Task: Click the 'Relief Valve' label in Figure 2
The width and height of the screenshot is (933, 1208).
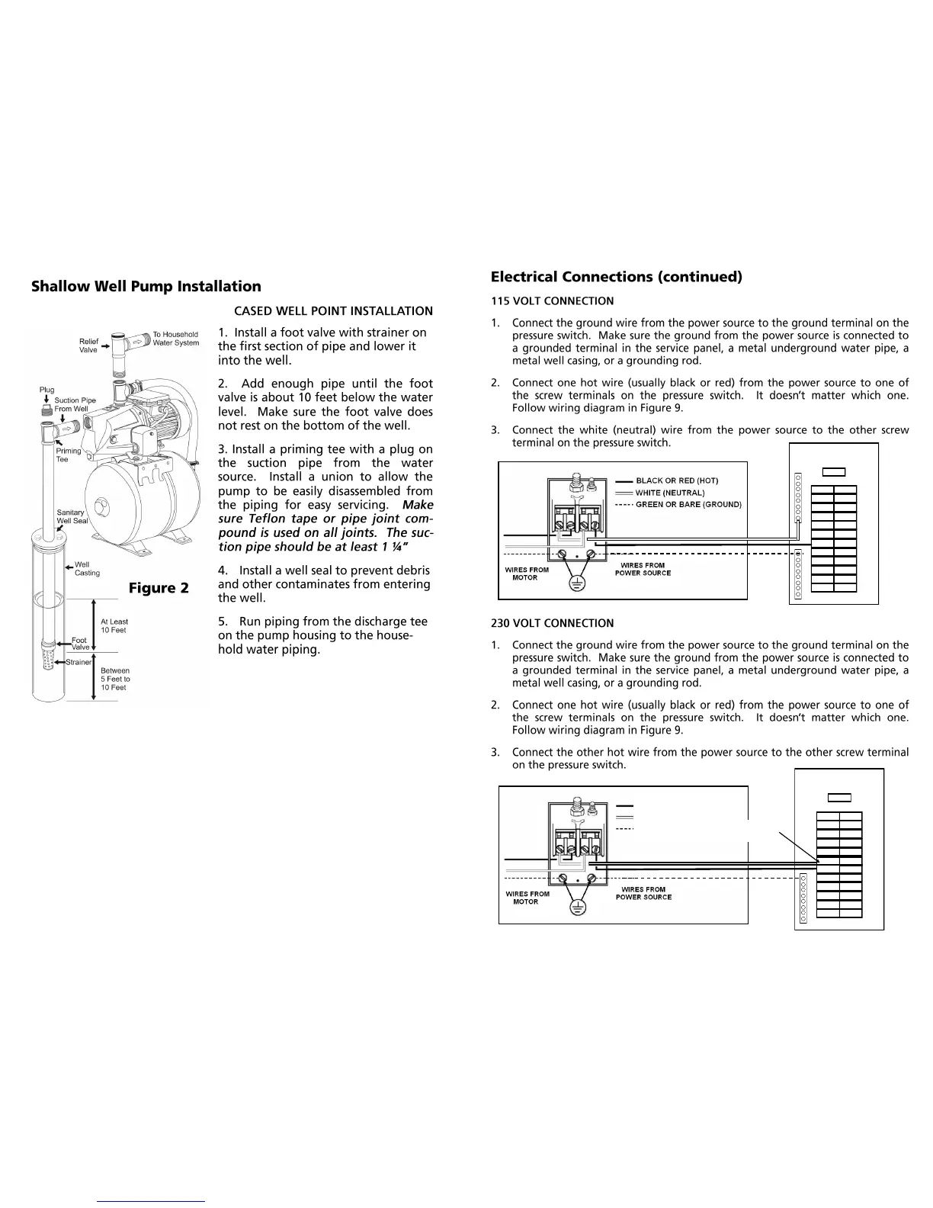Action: point(88,345)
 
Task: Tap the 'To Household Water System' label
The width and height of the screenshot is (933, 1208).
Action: point(175,339)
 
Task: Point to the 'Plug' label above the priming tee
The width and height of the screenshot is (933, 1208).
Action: point(46,390)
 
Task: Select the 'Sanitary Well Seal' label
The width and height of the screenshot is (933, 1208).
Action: point(72,516)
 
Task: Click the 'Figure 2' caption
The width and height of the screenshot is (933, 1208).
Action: point(159,588)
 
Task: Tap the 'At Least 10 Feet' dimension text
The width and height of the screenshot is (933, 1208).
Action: point(114,626)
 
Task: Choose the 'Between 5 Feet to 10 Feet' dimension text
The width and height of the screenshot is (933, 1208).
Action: point(115,679)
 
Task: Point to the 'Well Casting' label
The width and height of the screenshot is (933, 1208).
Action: point(87,569)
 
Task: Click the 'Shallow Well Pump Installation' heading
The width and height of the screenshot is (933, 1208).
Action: point(146,286)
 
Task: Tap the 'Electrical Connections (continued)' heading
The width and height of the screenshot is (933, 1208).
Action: point(616,276)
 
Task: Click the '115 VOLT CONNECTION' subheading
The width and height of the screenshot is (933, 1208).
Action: point(552,301)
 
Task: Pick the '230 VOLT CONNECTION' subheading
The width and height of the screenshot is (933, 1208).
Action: point(552,623)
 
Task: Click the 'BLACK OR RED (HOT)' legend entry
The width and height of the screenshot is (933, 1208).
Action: point(676,480)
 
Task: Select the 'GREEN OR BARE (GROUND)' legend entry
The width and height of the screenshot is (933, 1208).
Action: point(688,504)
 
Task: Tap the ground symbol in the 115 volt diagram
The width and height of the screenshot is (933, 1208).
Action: point(577,583)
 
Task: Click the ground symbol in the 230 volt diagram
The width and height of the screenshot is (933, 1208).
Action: point(577,908)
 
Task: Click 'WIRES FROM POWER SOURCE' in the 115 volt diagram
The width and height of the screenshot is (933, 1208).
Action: point(643,569)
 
